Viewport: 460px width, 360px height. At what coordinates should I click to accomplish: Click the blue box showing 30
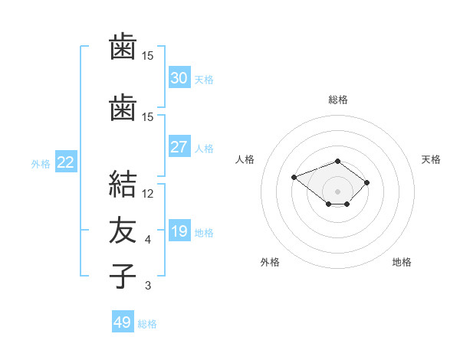[179, 77]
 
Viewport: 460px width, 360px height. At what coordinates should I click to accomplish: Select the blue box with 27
[179, 146]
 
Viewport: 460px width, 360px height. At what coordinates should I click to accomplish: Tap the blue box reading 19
[179, 230]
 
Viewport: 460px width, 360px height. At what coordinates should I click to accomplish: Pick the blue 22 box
[66, 162]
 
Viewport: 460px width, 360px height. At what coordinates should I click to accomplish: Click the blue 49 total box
[123, 321]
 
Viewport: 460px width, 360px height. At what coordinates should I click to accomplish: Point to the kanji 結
[123, 184]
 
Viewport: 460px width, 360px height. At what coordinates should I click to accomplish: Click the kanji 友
[123, 230]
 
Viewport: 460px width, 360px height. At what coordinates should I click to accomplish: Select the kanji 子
[123, 276]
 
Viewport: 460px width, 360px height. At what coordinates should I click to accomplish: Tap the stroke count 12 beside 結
[147, 194]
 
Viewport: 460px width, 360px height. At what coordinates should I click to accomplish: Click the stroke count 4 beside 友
[147, 240]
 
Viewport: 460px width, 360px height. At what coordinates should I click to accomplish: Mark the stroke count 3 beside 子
[148, 286]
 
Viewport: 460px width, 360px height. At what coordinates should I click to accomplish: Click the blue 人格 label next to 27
[204, 149]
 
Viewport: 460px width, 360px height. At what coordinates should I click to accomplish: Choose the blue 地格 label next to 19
[204, 233]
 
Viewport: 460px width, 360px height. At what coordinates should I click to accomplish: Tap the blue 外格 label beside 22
[41, 164]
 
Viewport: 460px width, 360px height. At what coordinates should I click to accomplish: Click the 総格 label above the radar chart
[338, 100]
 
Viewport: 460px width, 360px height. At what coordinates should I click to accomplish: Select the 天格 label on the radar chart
[431, 159]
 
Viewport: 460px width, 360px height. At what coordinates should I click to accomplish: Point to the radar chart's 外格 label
[270, 262]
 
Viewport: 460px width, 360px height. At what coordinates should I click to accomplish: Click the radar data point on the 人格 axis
[294, 178]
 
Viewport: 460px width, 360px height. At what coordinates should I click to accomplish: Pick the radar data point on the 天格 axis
[366, 182]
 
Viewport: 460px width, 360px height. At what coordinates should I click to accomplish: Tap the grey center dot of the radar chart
[337, 191]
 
